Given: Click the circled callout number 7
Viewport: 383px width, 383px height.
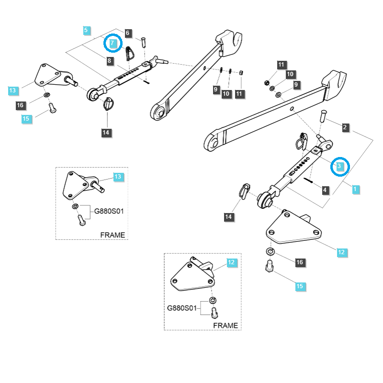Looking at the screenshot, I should coord(112,43).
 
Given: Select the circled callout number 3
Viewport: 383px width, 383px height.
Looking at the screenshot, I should coord(339,166).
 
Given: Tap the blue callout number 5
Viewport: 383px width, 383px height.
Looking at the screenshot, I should coord(86,31).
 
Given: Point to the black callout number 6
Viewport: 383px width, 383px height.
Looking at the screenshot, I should coord(128,33).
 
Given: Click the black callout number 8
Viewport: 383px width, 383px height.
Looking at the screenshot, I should coord(110,61).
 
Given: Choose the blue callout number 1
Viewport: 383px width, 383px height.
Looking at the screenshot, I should coord(355,189).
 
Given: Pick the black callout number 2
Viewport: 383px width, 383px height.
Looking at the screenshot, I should coord(345,127).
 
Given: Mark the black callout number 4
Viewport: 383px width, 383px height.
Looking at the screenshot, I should coord(325,190).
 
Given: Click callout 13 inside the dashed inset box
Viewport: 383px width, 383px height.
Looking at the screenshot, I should coord(118,177).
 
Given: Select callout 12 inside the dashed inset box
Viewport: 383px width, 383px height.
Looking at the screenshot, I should coord(232,262).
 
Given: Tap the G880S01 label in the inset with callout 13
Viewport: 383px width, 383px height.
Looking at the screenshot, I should coord(108,211).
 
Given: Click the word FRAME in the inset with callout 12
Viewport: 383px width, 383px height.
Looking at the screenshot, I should coord(225,325).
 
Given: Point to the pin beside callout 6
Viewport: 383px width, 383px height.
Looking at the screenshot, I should coord(143,42).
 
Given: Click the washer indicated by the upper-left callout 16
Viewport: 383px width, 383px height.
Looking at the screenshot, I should coord(47,96).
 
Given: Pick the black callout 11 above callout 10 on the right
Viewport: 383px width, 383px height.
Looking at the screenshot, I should coord(281,65).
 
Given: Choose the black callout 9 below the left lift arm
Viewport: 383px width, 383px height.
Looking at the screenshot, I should coord(215,90).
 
